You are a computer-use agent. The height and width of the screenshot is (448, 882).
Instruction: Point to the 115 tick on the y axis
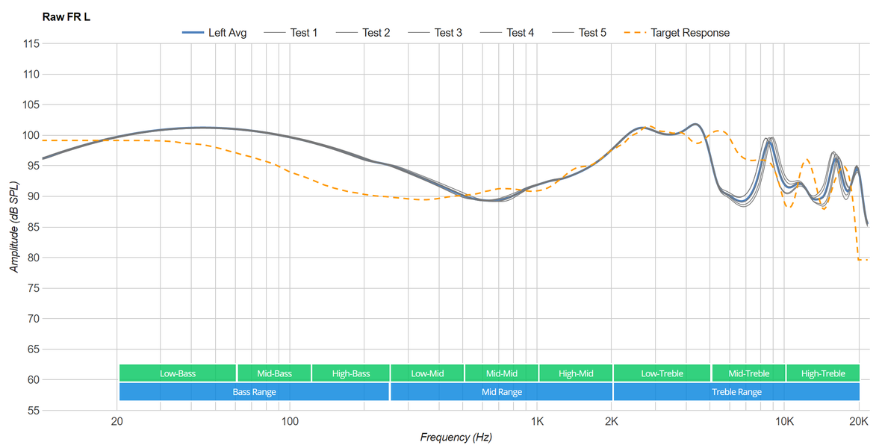tap(31, 44)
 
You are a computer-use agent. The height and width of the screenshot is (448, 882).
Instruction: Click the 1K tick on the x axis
tap(537, 421)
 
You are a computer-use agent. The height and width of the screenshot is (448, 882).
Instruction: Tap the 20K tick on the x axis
tap(859, 421)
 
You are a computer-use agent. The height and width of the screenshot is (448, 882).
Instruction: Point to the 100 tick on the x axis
tap(290, 421)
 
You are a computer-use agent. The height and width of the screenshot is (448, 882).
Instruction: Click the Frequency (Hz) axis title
tap(456, 438)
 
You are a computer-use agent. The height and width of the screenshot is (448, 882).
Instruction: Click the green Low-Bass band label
tap(178, 373)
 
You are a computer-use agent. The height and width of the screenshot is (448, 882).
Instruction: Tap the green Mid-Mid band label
tap(501, 373)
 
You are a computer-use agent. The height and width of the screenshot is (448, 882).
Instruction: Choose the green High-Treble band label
tap(823, 373)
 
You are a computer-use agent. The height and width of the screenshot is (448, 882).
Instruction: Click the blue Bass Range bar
tap(254, 392)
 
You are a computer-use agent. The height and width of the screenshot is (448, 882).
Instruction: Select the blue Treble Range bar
tap(736, 392)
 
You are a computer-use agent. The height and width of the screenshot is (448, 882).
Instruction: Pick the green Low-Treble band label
tap(662, 373)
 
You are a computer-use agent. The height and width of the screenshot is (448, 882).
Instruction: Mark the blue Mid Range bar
tap(501, 392)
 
